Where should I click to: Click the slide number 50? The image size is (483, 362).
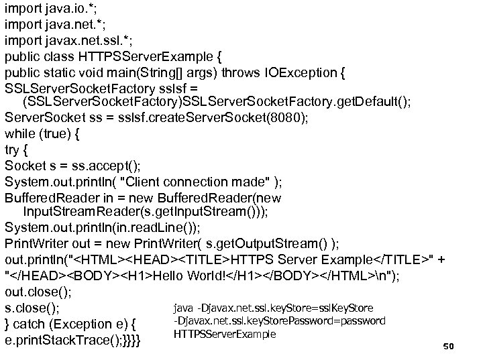pos(449,347)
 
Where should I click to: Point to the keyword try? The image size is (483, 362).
pos(13,149)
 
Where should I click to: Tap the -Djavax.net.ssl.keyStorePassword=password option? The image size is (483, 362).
pos(279,320)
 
